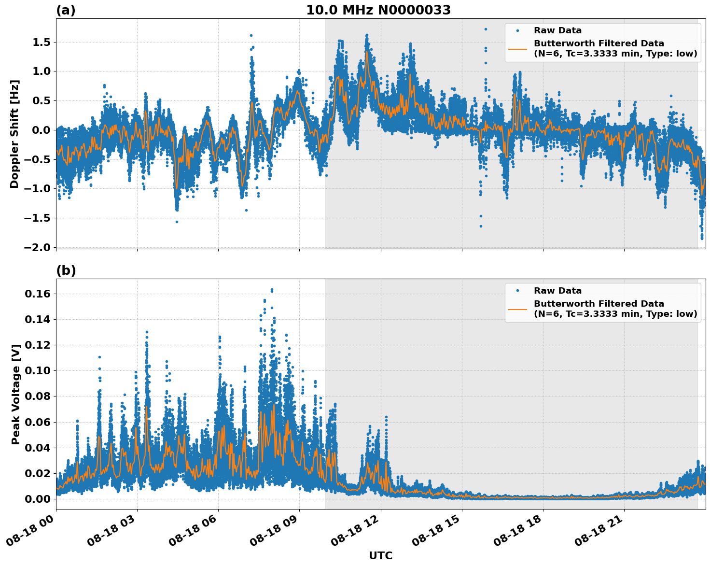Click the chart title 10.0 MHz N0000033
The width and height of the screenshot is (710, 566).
pyautogui.click(x=378, y=10)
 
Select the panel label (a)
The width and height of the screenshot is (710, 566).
pyautogui.click(x=66, y=10)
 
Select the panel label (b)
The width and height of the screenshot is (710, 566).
pyautogui.click(x=66, y=270)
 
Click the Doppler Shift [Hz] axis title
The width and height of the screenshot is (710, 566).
pyautogui.click(x=14, y=134)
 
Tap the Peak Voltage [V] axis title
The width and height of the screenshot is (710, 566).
pyautogui.click(x=15, y=394)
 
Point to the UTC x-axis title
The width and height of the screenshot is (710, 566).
pyautogui.click(x=380, y=555)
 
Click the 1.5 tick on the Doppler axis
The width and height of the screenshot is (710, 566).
pyautogui.click(x=41, y=42)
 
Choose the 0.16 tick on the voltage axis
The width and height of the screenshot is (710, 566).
pyautogui.click(x=40, y=294)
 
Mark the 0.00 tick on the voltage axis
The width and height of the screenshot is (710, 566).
pyautogui.click(x=40, y=499)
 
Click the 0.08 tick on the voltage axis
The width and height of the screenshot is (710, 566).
pyautogui.click(x=40, y=396)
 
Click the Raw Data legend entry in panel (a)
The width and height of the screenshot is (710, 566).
pyautogui.click(x=557, y=30)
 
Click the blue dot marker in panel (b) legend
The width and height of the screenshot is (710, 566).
pyautogui.click(x=517, y=291)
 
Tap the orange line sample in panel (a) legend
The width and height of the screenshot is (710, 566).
pyautogui.click(x=517, y=48)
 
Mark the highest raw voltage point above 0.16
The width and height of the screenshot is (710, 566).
pyautogui.click(x=272, y=290)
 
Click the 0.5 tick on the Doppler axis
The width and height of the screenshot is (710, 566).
pyautogui.click(x=41, y=100)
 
